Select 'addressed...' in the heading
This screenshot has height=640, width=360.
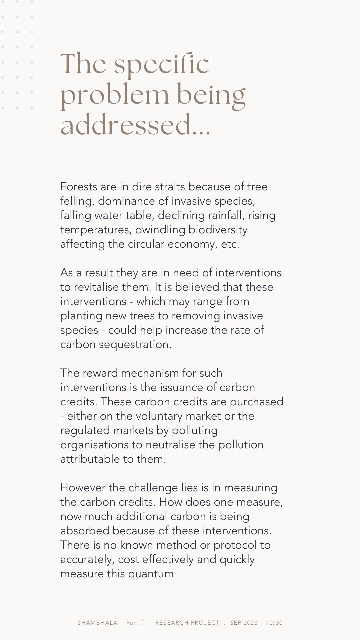tap(135, 125)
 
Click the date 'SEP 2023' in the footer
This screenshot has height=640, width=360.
tap(244, 623)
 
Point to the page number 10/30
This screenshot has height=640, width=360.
tap(274, 623)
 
